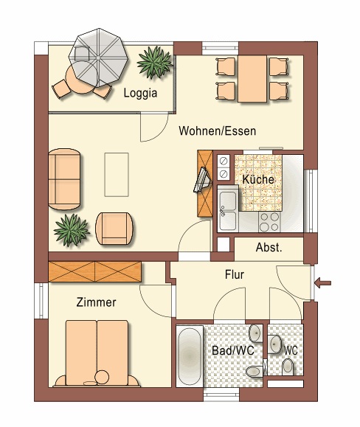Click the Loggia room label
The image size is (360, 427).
click(140, 93)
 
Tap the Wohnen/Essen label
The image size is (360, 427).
click(218, 131)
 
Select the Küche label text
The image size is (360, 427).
click(258, 179)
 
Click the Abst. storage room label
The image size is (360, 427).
click(269, 248)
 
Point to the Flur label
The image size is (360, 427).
click(235, 274)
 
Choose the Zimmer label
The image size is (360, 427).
click(96, 302)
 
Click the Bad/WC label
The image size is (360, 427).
click(233, 350)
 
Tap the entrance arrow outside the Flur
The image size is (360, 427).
click(322, 283)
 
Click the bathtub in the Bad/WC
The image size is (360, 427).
click(190, 356)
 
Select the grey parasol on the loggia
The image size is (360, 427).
click(98, 58)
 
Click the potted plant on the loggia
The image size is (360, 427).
click(155, 63)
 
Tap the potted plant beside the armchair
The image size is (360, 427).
click(72, 230)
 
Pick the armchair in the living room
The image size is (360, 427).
click(114, 229)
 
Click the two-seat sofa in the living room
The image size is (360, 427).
click(64, 179)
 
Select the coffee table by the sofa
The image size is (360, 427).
click(117, 175)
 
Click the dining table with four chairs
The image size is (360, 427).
click(252, 79)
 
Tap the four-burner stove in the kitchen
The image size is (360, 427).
click(269, 222)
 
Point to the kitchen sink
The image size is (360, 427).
click(228, 209)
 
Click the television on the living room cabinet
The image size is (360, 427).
click(202, 180)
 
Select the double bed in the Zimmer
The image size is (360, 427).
click(97, 353)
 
